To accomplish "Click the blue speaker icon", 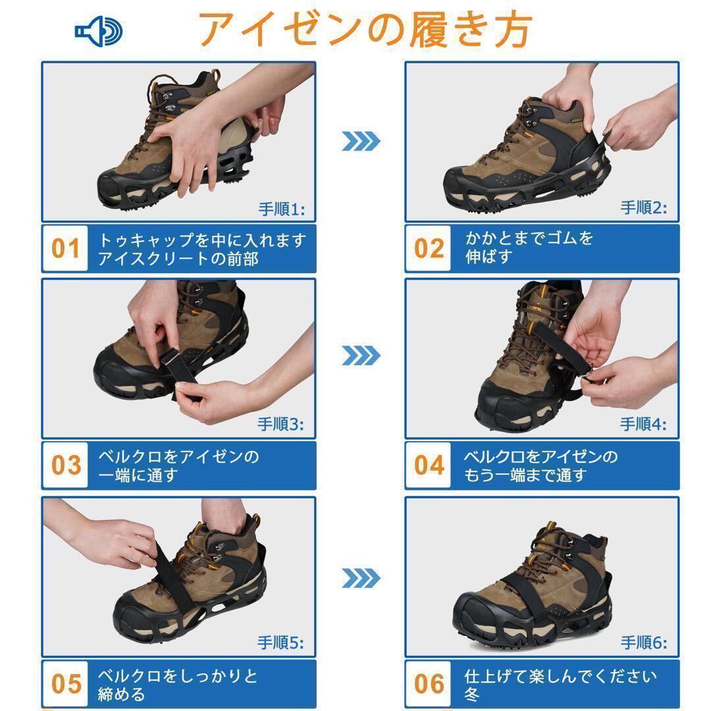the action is (x=98, y=32).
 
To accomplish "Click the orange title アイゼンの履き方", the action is (x=365, y=30).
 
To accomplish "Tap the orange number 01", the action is (x=65, y=248).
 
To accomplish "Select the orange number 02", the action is (x=429, y=248).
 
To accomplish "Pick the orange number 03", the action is (x=66, y=465).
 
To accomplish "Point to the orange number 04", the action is (x=429, y=465).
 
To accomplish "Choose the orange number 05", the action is (x=66, y=684).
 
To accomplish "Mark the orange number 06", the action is (x=429, y=684).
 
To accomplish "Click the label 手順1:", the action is (x=282, y=209).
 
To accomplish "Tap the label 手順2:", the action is (x=644, y=207).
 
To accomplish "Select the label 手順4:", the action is (x=643, y=425).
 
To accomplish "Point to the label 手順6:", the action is (x=644, y=643).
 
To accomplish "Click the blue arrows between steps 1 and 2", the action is (x=361, y=141).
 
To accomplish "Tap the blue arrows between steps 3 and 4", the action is (x=361, y=355).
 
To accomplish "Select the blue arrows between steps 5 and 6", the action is (x=361, y=578).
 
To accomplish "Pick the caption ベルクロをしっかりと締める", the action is (x=178, y=685).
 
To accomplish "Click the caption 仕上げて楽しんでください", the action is (x=560, y=676).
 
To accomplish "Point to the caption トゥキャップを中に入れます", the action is (x=202, y=240).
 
